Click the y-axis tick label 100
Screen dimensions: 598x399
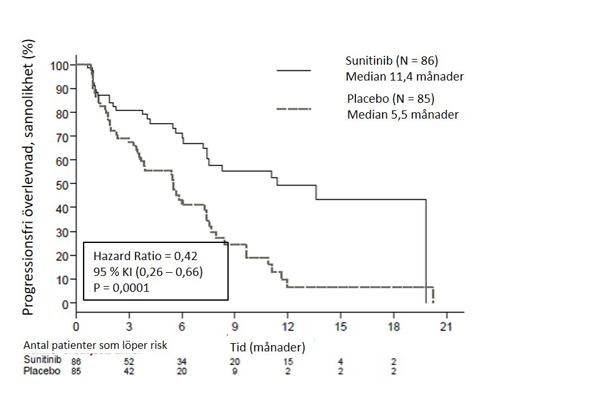pos(60,65)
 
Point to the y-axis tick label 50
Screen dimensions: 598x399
pos(62,185)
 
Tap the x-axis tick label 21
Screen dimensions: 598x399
pos(446,327)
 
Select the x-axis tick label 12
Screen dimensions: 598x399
pos(288,327)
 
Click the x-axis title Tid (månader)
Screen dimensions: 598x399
pos(267,347)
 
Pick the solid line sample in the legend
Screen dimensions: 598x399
pos(294,70)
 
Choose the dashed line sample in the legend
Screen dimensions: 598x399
pos(294,109)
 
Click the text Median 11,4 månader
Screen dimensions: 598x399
pos(405,77)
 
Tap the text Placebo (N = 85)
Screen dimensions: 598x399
pos(390,99)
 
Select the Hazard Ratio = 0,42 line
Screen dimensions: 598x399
pos(145,256)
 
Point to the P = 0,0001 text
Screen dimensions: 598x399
pos(121,287)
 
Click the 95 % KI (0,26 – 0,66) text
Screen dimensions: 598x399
pos(148,272)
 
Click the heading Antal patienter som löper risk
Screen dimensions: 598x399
pos(96,346)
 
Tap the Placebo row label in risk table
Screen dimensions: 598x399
pos(42,370)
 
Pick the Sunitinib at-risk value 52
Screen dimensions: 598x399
pos(129,361)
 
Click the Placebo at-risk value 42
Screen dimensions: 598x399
pos(129,371)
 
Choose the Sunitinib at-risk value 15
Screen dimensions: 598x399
pos(288,361)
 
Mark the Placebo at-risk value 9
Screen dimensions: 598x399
pos(234,371)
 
